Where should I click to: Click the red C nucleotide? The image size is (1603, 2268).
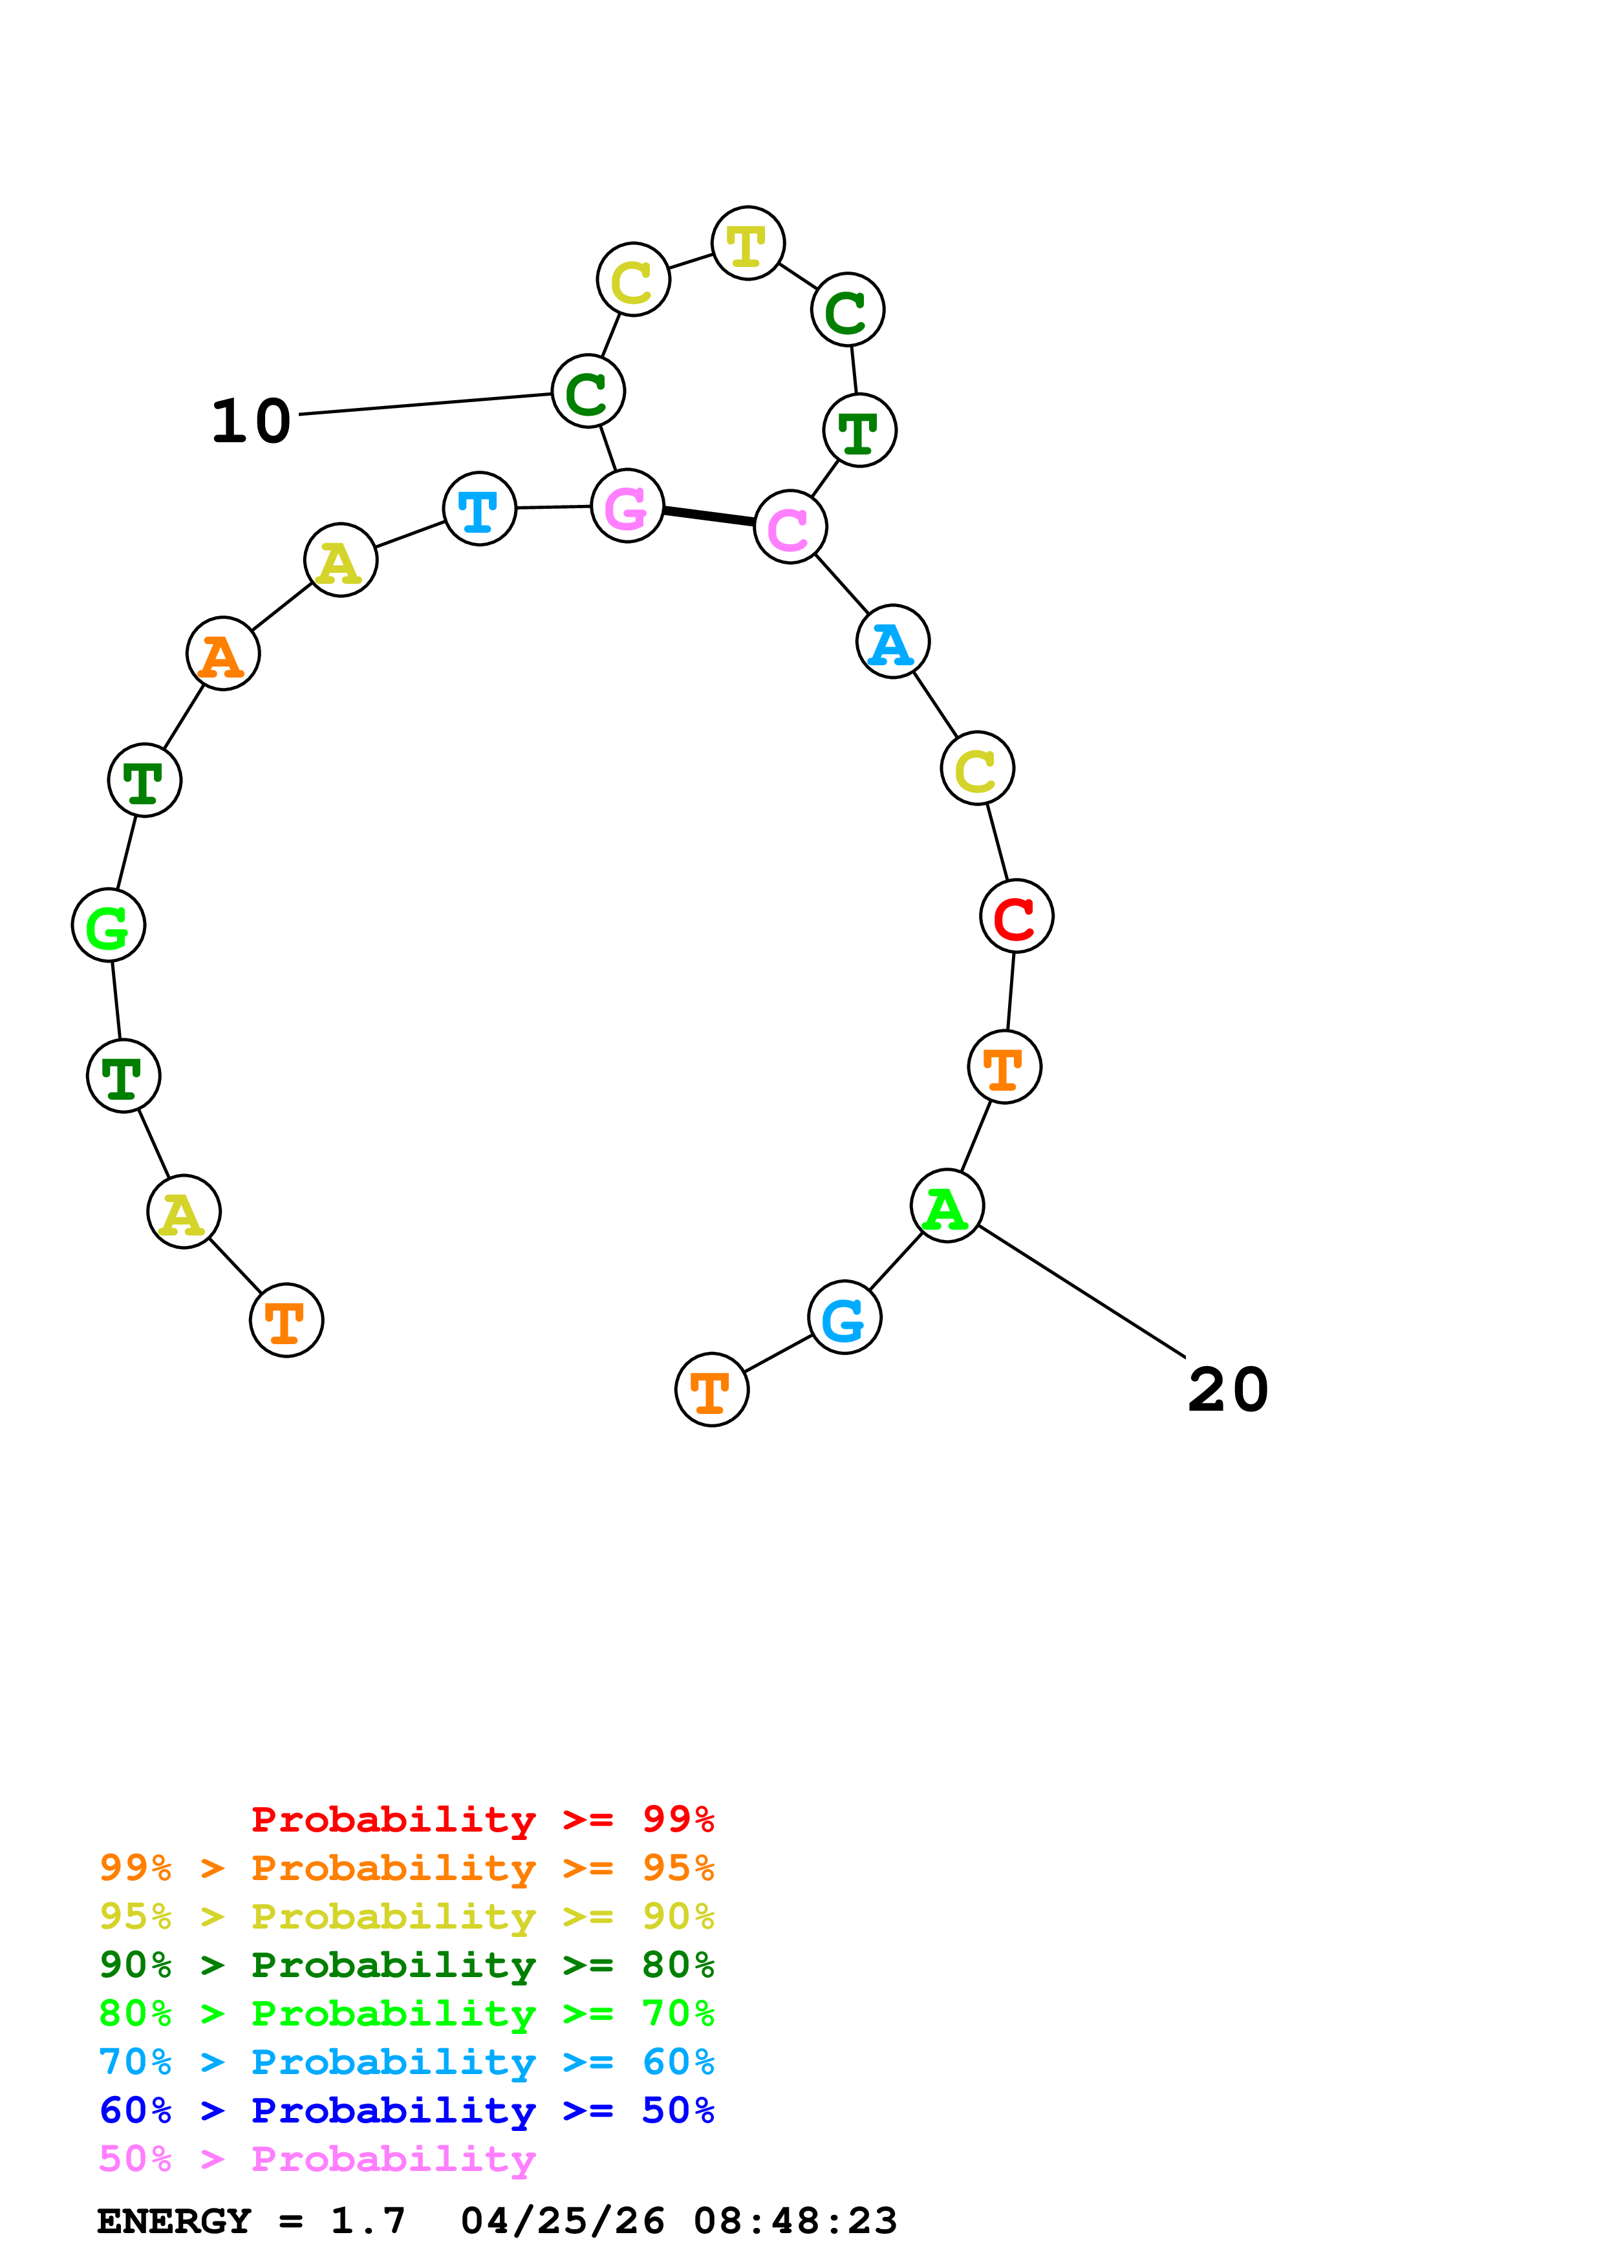(x=1017, y=917)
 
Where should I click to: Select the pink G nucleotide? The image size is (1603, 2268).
(x=627, y=506)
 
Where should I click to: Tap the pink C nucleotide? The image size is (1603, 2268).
(x=790, y=526)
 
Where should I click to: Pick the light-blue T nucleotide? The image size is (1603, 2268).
(x=480, y=509)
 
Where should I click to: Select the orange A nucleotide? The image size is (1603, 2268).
(x=223, y=654)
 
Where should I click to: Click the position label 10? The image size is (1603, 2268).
(x=252, y=422)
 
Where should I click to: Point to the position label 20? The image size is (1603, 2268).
(x=1228, y=1391)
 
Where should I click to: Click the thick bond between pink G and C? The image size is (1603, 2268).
(x=709, y=516)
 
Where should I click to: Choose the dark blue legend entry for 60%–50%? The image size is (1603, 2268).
(x=406, y=2111)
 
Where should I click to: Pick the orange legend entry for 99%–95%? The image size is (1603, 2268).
(x=406, y=1868)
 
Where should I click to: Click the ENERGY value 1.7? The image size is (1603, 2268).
(x=367, y=2221)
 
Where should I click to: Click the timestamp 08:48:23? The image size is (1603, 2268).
(x=795, y=2221)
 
